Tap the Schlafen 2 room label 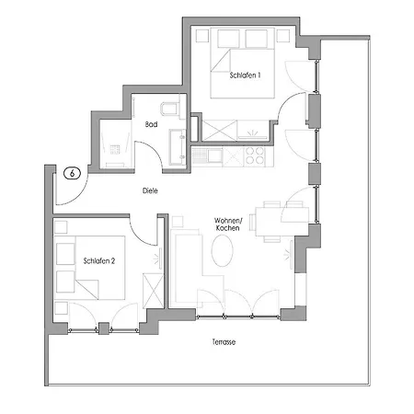point(98,260)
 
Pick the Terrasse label point(224,341)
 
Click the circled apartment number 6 point(71,172)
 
